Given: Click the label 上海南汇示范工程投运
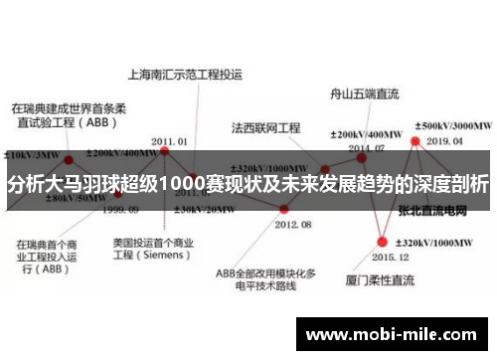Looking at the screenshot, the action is pos(185,74).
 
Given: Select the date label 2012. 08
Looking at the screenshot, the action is pos(291,226).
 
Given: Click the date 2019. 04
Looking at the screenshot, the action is pos(445,141).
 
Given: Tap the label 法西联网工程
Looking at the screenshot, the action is pos(265,128).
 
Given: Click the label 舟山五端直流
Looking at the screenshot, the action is pos(364,95).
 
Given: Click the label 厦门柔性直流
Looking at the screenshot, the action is pos(381,281).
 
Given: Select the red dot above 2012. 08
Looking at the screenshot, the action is pos(284,209).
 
